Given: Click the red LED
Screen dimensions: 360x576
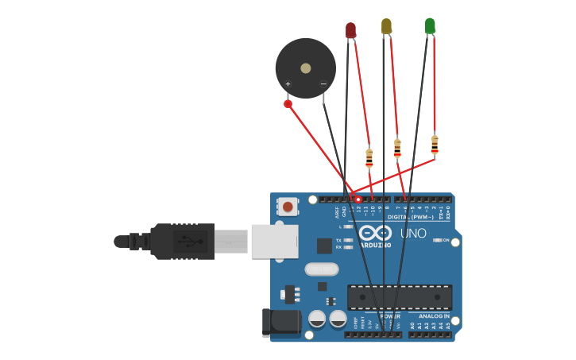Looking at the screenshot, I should click(x=350, y=30).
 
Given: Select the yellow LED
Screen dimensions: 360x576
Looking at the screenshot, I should click(x=386, y=26).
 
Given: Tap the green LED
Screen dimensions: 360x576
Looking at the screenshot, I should click(x=430, y=26).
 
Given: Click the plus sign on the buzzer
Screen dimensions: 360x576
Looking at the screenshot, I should click(x=288, y=84).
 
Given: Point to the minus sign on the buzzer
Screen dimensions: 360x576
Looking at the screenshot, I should click(x=323, y=84).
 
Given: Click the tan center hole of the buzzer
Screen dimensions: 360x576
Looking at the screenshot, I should click(x=306, y=68).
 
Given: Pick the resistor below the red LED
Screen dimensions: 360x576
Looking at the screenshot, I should click(x=369, y=158).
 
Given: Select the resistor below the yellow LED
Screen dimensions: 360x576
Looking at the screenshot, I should click(x=397, y=148).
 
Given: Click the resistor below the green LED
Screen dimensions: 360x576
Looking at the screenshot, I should click(x=435, y=145).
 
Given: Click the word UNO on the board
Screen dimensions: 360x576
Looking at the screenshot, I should click(x=413, y=234).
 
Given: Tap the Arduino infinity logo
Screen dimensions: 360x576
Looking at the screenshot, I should click(x=375, y=233).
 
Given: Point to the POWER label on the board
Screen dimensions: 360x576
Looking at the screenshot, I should click(x=389, y=316).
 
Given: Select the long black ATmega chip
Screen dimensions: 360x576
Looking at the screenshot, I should click(x=400, y=297).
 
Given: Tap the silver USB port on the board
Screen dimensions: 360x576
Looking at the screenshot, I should click(x=275, y=241).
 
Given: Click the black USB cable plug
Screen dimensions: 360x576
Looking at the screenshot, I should click(x=183, y=241).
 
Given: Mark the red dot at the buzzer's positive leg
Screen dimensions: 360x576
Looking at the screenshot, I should click(x=288, y=103).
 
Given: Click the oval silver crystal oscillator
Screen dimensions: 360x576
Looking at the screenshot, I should click(x=322, y=269).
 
